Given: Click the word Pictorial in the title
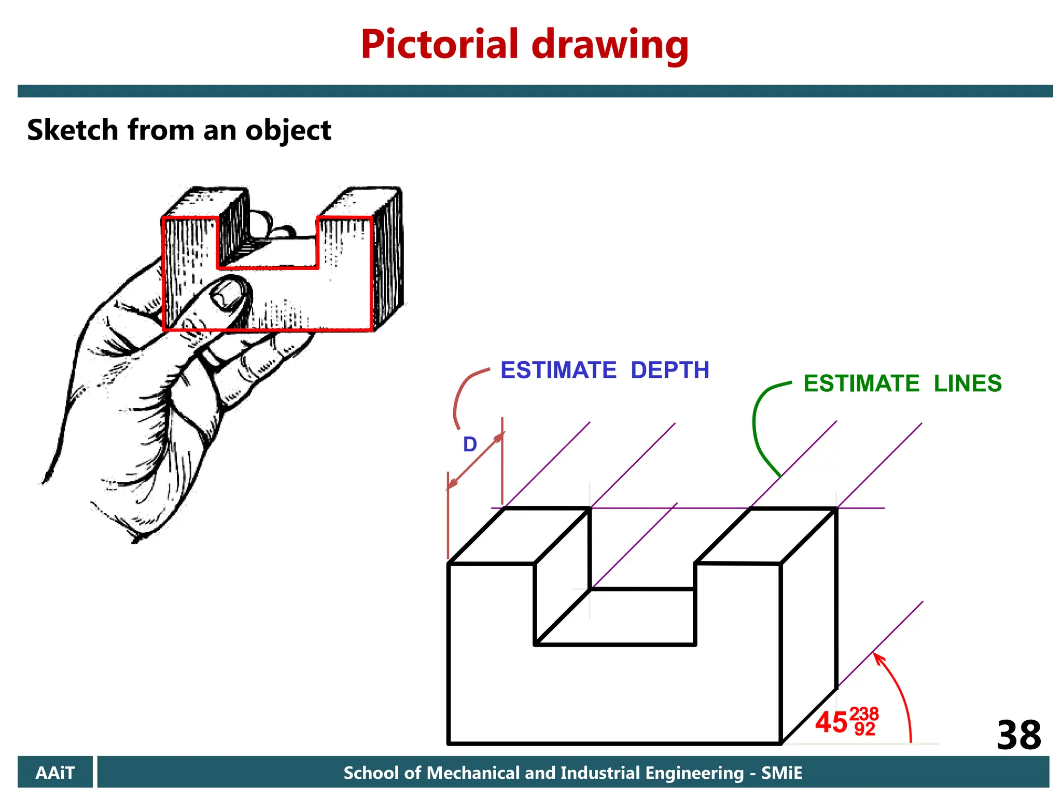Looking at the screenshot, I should (x=440, y=45).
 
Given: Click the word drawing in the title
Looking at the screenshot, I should (x=610, y=46).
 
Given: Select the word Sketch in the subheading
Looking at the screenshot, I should (x=73, y=130).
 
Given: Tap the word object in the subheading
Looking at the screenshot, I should (x=288, y=131).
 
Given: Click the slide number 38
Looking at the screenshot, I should (x=1018, y=735).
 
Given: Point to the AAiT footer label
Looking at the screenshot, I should (x=55, y=773).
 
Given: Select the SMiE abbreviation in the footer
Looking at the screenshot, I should (x=781, y=773).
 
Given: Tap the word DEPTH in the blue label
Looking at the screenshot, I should (x=669, y=370).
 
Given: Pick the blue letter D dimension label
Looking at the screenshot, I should (x=470, y=445).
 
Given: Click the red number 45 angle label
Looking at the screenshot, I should (x=831, y=722).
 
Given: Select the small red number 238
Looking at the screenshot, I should (x=864, y=714).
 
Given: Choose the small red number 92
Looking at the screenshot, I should (x=864, y=729).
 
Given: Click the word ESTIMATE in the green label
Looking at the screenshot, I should (x=861, y=384).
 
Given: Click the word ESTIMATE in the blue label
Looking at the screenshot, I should (x=558, y=370).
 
